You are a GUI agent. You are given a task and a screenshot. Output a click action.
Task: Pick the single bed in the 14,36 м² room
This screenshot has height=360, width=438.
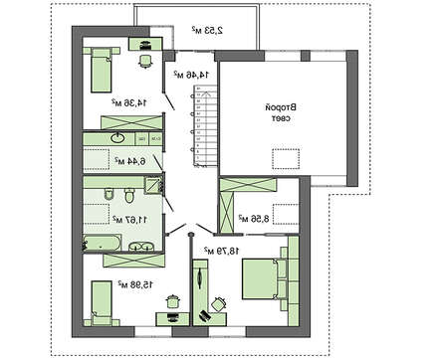tap(99, 71)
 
